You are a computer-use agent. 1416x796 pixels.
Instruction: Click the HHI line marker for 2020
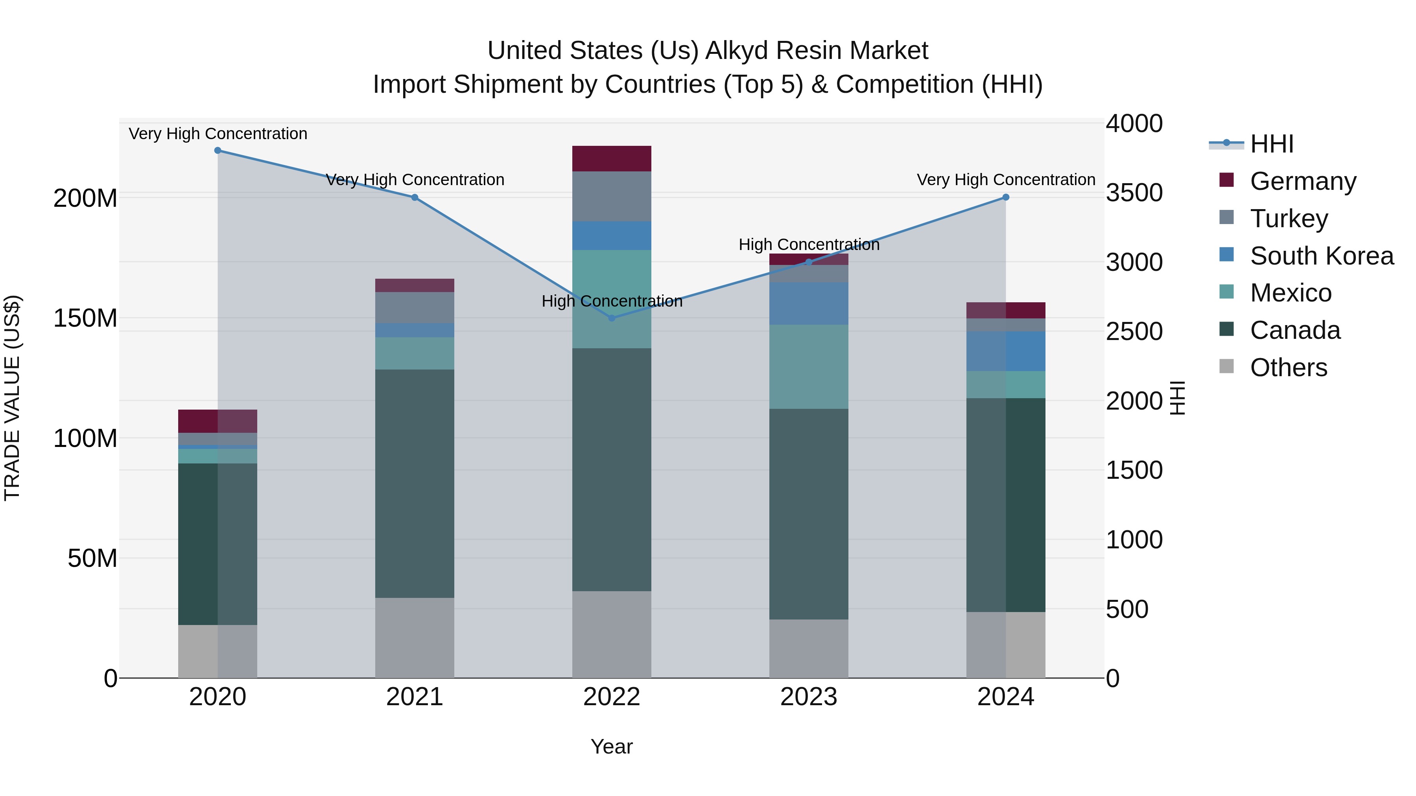[218, 151]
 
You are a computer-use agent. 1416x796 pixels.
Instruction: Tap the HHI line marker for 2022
[612, 318]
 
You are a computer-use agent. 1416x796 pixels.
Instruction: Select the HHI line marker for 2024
[1005, 197]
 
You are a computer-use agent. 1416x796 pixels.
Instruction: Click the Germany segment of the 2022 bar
[612, 159]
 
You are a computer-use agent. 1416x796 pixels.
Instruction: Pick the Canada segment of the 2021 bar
[415, 483]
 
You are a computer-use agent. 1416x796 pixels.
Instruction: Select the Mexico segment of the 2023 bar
[809, 366]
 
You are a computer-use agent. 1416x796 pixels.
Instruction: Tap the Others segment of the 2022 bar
[612, 634]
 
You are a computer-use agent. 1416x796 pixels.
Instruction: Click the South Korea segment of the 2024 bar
[1005, 351]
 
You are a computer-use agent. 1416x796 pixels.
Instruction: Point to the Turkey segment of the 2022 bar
[612, 196]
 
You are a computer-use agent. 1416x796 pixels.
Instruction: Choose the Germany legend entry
[1302, 181]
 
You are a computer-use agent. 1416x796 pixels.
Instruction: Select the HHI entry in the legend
[1271, 144]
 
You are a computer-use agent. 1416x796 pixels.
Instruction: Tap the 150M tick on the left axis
[85, 318]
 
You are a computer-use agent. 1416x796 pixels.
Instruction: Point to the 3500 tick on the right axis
[1134, 193]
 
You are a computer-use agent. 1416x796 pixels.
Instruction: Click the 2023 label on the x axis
[809, 697]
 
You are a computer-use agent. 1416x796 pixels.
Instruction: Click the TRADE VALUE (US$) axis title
[12, 398]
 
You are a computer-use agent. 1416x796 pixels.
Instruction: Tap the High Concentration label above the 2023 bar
[809, 244]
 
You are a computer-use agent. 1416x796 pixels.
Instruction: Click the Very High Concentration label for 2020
[218, 134]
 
